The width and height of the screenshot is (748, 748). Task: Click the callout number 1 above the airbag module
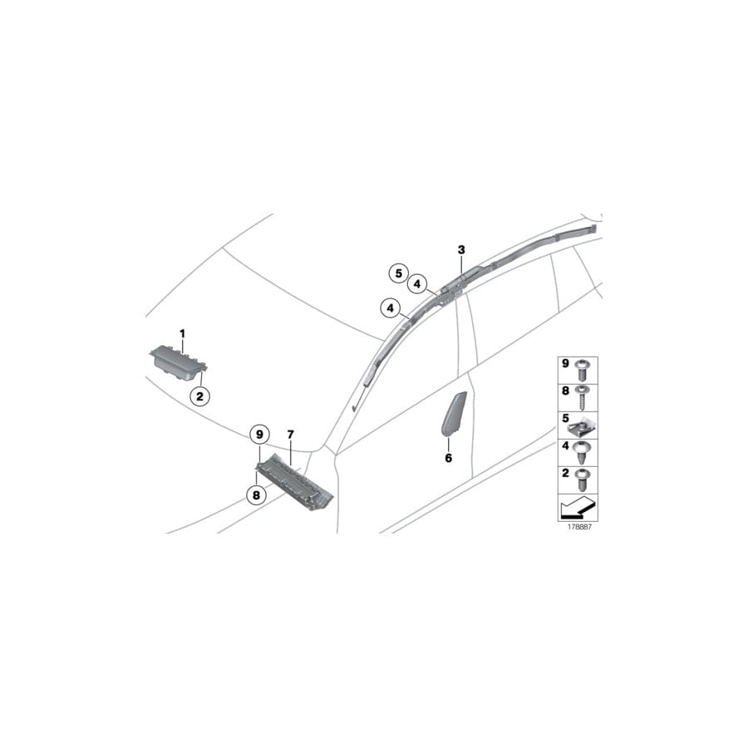[x=182, y=333]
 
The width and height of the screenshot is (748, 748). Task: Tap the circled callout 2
[x=199, y=396]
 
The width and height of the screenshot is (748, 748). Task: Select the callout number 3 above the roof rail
[x=461, y=249]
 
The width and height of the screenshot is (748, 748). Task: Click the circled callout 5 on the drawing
[x=399, y=273]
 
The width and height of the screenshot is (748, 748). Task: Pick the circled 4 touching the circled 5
[x=417, y=284]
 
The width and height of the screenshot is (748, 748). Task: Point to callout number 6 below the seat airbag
[x=449, y=458]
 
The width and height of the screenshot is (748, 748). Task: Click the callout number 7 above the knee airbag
[x=291, y=435]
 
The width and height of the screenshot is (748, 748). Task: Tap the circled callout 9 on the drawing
[x=259, y=435]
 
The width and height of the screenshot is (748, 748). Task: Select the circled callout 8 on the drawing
[x=256, y=495]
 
